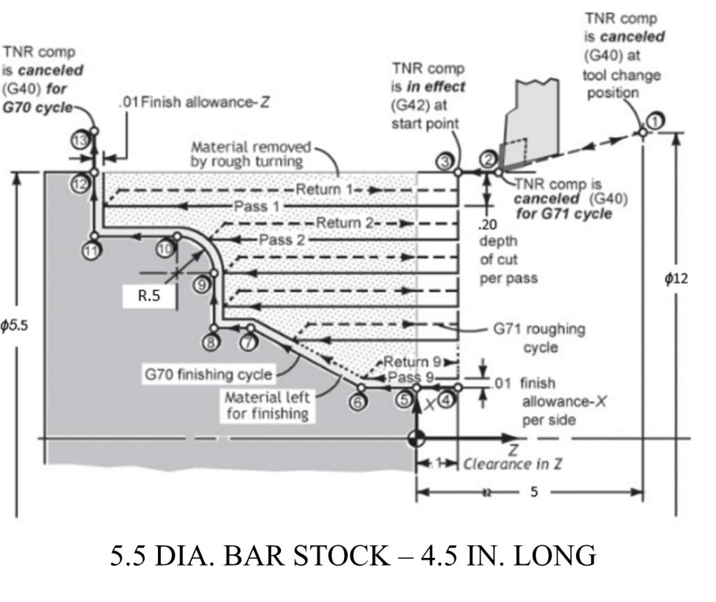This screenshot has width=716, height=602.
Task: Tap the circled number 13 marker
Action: click(80, 141)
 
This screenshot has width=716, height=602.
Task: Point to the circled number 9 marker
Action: click(202, 284)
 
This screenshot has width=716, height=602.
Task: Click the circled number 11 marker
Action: click(89, 250)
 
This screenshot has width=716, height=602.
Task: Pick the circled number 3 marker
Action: click(444, 162)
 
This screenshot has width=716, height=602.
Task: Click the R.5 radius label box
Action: click(148, 295)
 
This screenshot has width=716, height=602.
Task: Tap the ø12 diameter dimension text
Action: click(676, 279)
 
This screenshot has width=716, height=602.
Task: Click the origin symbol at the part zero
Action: click(417, 439)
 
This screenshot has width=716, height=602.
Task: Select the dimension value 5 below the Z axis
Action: click(534, 492)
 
